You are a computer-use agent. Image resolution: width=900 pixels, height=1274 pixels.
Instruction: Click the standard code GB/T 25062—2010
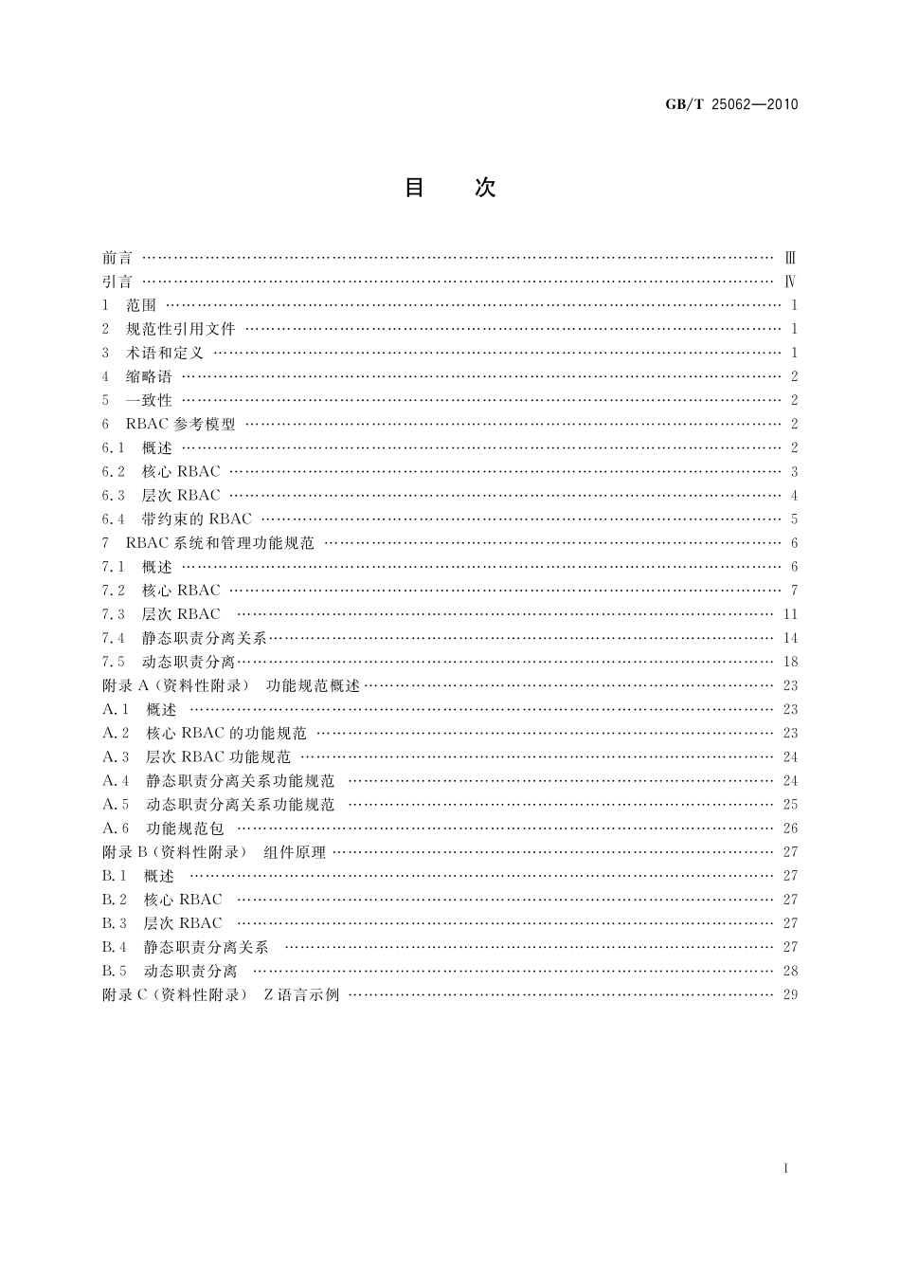click(727, 104)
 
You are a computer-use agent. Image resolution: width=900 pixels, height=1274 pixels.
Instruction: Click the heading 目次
click(450, 188)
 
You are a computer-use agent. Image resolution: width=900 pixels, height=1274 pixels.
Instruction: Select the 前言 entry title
click(117, 258)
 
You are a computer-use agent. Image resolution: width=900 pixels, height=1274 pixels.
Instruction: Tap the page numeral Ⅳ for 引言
click(790, 282)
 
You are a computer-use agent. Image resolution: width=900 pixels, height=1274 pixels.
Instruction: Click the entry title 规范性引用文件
click(181, 329)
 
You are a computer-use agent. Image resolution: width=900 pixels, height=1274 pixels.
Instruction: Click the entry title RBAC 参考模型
click(181, 424)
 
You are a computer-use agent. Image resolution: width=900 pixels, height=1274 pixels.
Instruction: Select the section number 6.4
click(114, 519)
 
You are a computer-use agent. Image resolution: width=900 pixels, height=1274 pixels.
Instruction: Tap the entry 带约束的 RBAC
click(197, 519)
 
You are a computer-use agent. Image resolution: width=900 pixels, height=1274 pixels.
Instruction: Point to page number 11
click(791, 614)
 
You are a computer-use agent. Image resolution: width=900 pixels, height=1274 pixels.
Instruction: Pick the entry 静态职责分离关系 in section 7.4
click(205, 638)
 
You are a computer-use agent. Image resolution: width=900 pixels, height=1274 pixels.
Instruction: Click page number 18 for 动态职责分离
click(791, 662)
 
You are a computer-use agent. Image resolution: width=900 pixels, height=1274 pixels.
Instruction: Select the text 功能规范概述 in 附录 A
click(314, 685)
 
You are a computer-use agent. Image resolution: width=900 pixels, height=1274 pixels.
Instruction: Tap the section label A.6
click(116, 828)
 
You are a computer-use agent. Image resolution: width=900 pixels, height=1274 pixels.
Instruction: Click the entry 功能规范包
click(185, 828)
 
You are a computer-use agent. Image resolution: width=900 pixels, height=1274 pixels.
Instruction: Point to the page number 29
click(791, 994)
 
